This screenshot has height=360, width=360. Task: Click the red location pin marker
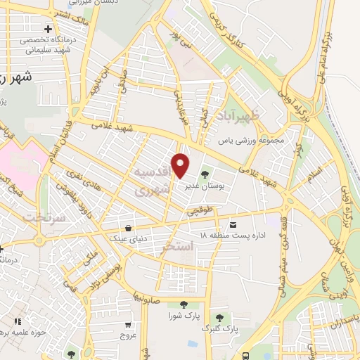[181, 165]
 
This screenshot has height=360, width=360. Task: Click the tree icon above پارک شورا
[184, 304]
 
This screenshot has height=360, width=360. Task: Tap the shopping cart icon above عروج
[127, 326]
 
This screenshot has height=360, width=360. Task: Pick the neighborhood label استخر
[177, 248]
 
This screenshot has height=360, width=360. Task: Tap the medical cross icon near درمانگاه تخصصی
[46, 29]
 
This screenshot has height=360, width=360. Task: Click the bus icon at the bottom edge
[245, 356]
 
